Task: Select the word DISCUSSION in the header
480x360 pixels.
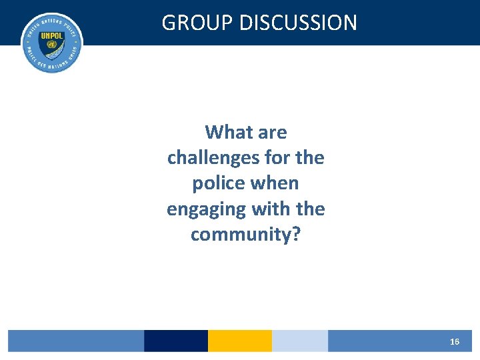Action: click(298, 23)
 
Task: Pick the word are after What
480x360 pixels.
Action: click(272, 132)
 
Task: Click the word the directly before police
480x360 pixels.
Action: click(309, 158)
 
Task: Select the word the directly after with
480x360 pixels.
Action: click(310, 209)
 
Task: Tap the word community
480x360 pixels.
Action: click(241, 235)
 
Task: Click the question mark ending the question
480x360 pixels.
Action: click(296, 235)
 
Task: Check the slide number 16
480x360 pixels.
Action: click(454, 341)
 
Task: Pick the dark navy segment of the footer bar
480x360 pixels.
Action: click(176, 341)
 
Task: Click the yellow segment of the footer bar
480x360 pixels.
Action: click(240, 341)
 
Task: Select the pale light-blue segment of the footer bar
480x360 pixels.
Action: click(300, 341)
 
